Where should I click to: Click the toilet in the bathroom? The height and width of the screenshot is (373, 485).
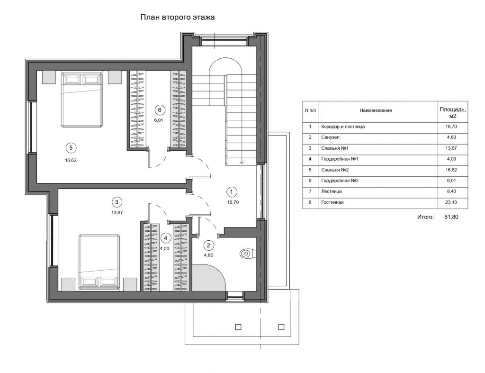247,254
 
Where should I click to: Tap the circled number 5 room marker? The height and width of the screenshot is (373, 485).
71,148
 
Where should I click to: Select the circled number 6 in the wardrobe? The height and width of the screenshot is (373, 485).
160,110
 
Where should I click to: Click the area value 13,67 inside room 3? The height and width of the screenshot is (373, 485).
117,213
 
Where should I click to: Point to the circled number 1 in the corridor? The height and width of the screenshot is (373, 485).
231,192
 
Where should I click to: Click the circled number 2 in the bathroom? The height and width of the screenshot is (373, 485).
208,246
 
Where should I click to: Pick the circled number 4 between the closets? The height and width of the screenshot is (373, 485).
166,238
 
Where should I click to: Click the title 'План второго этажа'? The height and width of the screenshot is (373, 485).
177,17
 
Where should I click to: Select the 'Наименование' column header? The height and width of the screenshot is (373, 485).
376,110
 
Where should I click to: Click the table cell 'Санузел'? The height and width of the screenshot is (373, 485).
330,137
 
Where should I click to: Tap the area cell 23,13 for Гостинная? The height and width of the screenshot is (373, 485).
451,202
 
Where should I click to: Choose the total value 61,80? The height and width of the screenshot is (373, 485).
451,217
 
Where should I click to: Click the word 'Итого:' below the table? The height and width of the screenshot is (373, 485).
426,217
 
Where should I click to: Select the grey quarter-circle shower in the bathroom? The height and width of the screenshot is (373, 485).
208,278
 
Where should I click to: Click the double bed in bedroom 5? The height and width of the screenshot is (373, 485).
81,100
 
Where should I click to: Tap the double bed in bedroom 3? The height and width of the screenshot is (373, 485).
99,262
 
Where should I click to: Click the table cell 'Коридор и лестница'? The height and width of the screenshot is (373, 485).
343,127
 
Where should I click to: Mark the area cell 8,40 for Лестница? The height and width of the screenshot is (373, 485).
451,191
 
